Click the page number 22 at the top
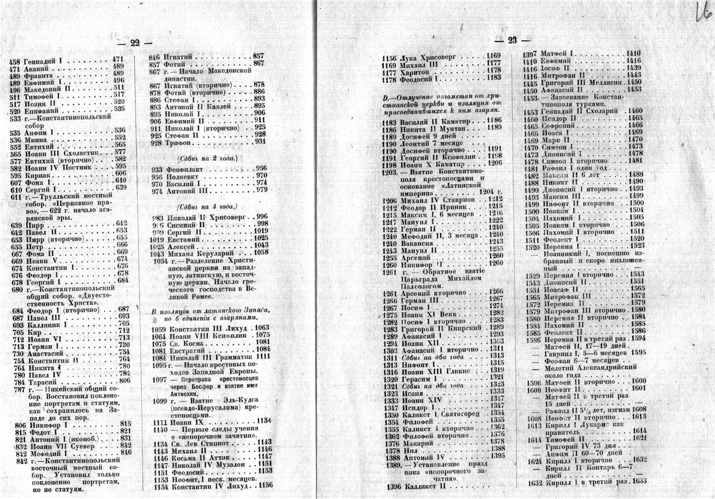[x=134, y=43]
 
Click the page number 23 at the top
[x=512, y=41]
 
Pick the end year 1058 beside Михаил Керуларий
[x=261, y=252]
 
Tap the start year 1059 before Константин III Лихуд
[x=160, y=328]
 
